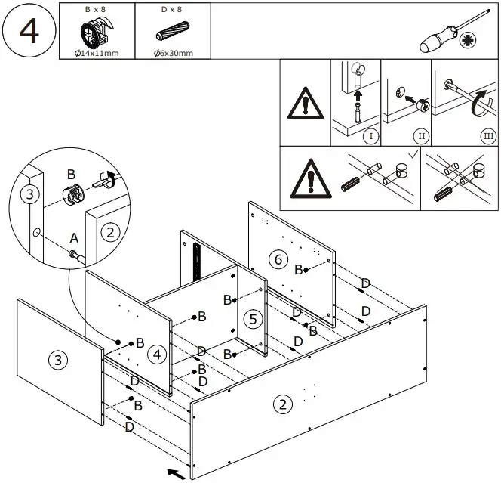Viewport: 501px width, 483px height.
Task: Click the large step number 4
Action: point(29,31)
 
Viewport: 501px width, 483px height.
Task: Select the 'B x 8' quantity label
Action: point(96,9)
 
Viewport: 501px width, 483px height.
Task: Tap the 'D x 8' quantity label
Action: point(172,9)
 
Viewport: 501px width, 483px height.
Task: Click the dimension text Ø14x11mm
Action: point(97,53)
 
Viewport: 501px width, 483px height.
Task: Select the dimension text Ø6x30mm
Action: point(173,53)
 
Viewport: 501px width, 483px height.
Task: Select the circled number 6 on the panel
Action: point(278,260)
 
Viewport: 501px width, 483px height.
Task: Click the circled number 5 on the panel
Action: point(254,319)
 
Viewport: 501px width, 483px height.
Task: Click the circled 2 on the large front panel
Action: point(282,404)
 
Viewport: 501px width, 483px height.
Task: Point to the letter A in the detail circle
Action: point(73,238)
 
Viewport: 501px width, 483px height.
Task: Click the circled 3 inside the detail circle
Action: point(29,195)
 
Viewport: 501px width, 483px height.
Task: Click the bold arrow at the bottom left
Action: point(175,474)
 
